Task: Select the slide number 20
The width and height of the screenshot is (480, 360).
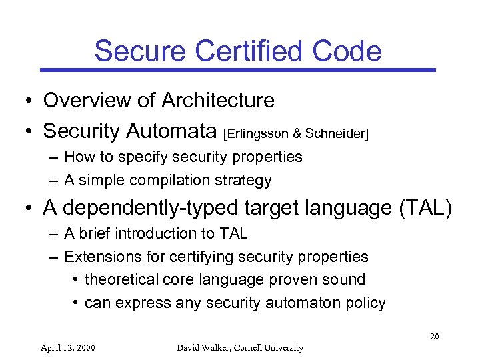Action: click(x=434, y=336)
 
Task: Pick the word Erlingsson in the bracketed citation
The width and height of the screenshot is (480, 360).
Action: click(x=257, y=133)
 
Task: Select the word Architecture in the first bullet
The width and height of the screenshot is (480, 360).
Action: click(x=217, y=101)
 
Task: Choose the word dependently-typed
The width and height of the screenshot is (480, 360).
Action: click(x=149, y=208)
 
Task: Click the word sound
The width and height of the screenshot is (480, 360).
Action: click(x=346, y=279)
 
